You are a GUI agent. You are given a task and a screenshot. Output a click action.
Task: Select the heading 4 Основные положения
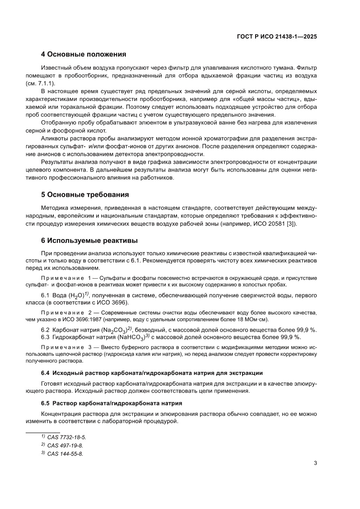[83, 54]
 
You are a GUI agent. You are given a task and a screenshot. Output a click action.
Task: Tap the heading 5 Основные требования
[84, 195]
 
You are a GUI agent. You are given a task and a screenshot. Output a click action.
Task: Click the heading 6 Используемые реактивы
[87, 240]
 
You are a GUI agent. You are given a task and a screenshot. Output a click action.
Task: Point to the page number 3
[315, 463]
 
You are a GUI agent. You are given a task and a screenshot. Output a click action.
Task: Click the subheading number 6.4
[46, 374]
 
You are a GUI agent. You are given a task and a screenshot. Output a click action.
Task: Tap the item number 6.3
[45, 337]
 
